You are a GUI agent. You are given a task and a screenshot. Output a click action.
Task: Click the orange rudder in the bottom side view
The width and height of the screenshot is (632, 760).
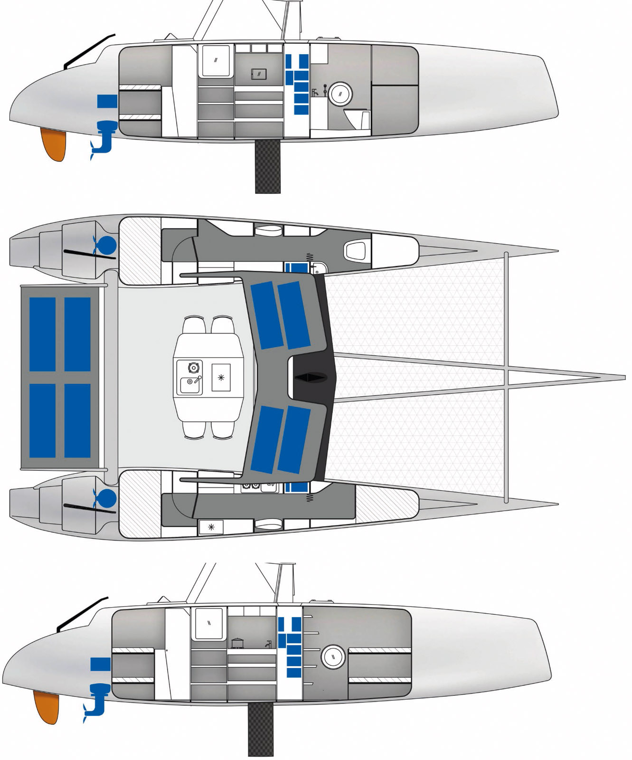(x=47, y=707)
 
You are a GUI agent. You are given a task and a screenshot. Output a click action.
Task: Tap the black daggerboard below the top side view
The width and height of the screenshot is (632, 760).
(x=268, y=166)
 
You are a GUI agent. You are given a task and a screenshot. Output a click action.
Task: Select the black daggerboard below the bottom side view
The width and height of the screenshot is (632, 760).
(x=261, y=729)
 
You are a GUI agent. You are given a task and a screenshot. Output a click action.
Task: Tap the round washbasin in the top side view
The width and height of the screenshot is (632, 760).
(x=340, y=94)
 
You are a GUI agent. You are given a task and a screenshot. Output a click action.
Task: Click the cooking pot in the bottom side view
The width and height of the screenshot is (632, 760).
(x=236, y=643)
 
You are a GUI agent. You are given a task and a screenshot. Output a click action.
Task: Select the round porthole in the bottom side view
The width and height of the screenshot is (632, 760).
(x=333, y=657)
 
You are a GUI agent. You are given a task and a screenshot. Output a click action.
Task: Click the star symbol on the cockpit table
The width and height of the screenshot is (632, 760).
(x=221, y=378)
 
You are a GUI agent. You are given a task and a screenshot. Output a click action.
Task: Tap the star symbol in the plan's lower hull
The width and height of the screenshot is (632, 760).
(x=211, y=527)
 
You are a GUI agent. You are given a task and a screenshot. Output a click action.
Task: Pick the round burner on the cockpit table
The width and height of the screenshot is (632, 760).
(x=193, y=367)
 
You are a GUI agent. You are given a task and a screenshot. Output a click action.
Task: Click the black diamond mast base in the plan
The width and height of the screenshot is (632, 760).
(x=311, y=378)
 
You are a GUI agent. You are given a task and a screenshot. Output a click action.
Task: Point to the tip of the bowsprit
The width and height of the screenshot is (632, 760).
(x=623, y=378)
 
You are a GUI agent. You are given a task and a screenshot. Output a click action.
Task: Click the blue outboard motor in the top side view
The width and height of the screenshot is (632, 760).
(x=104, y=138)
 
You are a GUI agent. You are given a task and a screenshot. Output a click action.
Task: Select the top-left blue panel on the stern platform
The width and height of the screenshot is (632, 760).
(x=43, y=334)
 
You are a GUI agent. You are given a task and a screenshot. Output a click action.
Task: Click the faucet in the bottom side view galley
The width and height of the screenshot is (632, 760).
(x=268, y=644)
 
